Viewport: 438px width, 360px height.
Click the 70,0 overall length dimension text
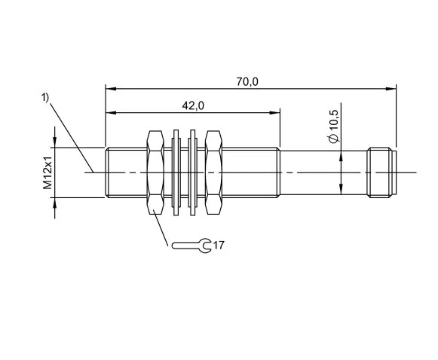point(247,82)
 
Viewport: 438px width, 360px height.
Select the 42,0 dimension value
point(193,105)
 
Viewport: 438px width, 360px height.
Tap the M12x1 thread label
point(47,172)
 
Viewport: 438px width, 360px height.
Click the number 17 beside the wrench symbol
point(219,245)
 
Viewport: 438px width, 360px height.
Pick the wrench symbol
point(191,246)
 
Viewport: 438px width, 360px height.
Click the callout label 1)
point(45,98)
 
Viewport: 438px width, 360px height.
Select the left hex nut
point(155,172)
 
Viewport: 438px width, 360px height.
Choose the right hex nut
point(213,172)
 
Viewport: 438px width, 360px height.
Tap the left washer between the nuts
point(176,172)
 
